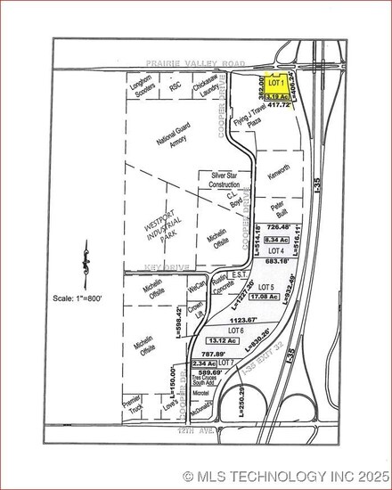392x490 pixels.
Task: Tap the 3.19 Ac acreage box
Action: point(275,94)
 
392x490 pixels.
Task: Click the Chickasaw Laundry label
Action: point(208,87)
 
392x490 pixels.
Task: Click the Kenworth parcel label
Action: point(277,168)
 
